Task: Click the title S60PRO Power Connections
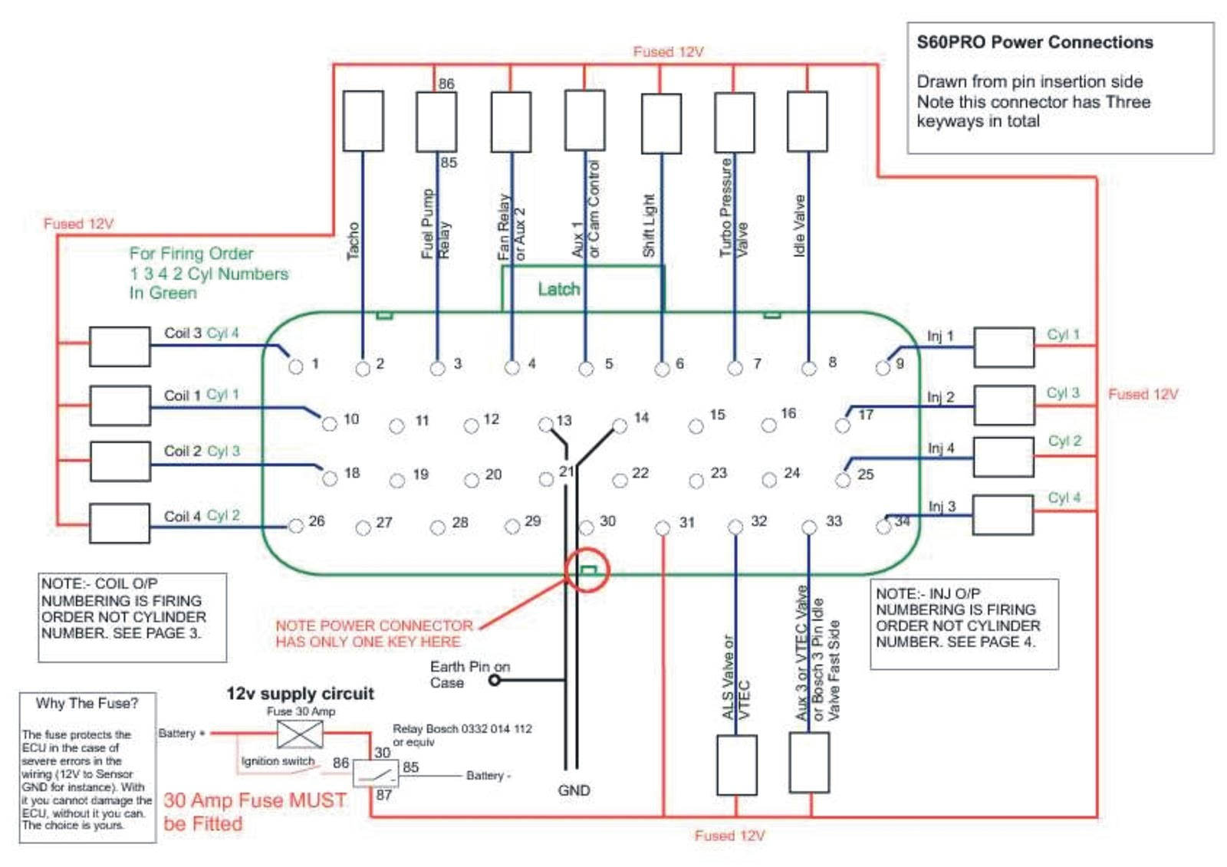click(1034, 42)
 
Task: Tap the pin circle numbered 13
click(545, 424)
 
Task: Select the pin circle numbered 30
click(587, 527)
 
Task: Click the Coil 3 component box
click(120, 346)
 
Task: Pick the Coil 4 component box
click(120, 523)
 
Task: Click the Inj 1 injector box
click(1003, 346)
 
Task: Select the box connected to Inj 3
click(1003, 514)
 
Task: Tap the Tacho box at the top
click(363, 121)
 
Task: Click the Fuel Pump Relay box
click(436, 121)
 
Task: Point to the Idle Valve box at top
click(807, 121)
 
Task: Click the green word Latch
click(558, 289)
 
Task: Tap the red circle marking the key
click(587, 570)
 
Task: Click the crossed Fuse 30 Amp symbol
click(300, 734)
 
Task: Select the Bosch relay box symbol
click(375, 774)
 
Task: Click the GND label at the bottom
click(574, 790)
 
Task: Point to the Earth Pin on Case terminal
click(495, 680)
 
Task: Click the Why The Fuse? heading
click(87, 703)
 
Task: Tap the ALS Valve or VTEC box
click(737, 764)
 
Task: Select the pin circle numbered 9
click(883, 368)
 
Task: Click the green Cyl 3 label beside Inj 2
click(1062, 392)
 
